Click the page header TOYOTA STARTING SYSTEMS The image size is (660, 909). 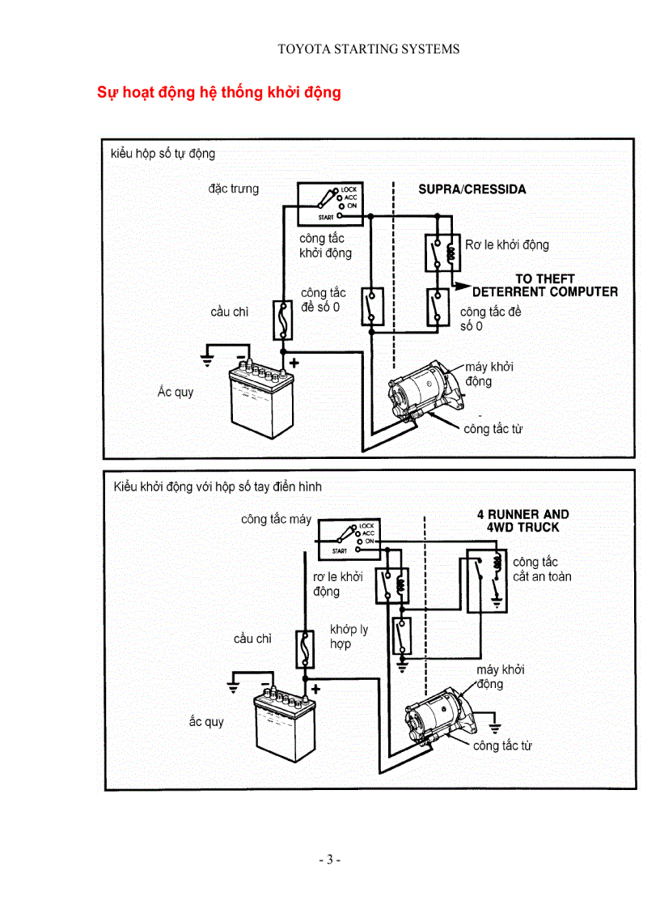[368, 49]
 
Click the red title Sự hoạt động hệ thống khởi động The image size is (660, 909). [219, 92]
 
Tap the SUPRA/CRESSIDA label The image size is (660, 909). [472, 189]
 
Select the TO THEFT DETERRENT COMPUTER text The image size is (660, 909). [544, 286]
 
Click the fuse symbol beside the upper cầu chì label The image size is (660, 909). [283, 320]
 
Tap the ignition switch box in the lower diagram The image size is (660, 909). [349, 539]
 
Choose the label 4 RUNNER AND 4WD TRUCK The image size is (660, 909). [522, 520]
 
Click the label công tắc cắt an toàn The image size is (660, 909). [541, 569]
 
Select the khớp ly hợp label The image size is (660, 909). [349, 637]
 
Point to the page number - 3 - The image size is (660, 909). [329, 859]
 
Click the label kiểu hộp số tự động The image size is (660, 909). [163, 154]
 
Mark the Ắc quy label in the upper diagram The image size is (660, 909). [176, 393]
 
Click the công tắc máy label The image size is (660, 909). [276, 519]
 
